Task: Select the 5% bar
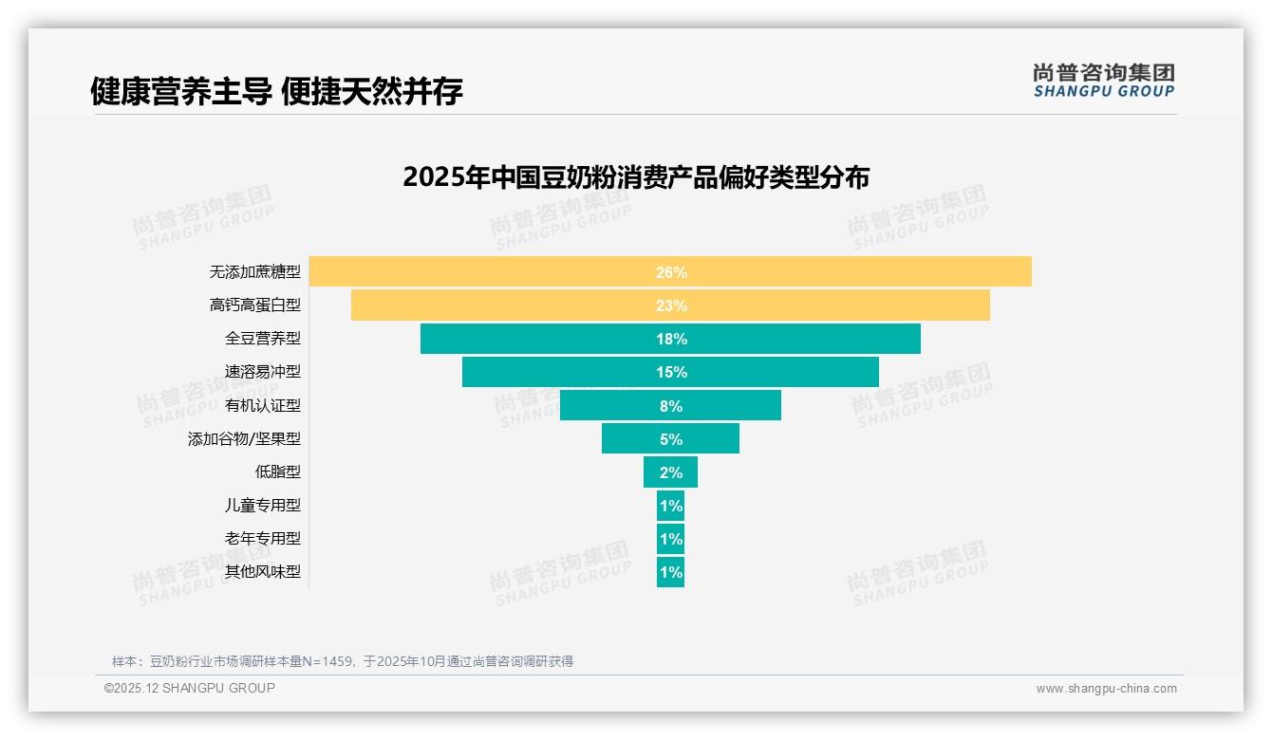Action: click(x=670, y=439)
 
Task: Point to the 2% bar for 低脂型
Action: click(x=670, y=472)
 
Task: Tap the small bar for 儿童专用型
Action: click(x=670, y=506)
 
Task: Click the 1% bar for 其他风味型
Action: click(x=670, y=572)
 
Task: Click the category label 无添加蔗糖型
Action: click(x=254, y=272)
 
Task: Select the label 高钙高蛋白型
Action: click(x=254, y=305)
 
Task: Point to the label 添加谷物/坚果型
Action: click(x=244, y=439)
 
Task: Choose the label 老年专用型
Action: click(x=262, y=539)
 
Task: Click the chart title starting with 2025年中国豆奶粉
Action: click(x=636, y=177)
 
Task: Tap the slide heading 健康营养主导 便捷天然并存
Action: click(x=276, y=92)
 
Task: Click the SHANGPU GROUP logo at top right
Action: click(x=1103, y=81)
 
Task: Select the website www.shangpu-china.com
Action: click(x=1106, y=689)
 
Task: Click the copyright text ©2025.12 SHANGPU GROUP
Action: click(x=190, y=688)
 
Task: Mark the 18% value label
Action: click(x=671, y=339)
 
